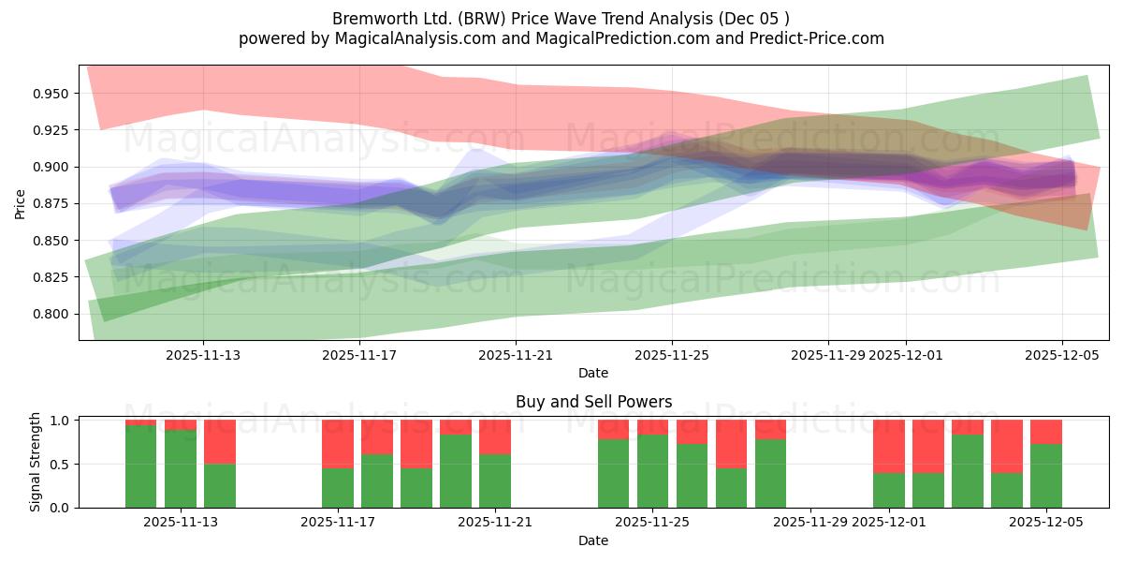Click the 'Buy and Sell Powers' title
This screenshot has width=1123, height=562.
[593, 402]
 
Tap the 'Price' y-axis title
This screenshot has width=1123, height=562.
[20, 203]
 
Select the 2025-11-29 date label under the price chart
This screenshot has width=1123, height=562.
[827, 355]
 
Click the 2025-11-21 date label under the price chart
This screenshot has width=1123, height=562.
[516, 355]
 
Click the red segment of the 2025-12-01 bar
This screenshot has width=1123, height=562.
[889, 446]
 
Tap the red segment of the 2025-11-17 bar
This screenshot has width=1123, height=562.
[338, 443]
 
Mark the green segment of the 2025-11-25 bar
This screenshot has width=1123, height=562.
[652, 471]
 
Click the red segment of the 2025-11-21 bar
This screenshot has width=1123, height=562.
[495, 436]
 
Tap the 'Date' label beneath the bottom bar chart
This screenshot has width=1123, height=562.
[593, 540]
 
